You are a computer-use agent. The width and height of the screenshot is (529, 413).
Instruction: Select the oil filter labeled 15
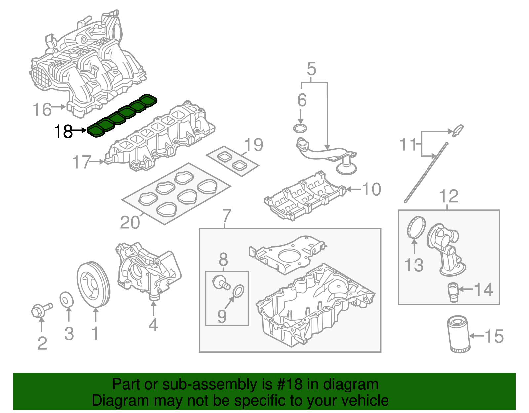click(458, 334)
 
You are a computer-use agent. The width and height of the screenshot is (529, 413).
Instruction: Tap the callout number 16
click(42, 109)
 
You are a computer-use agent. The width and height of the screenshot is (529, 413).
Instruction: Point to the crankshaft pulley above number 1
click(93, 285)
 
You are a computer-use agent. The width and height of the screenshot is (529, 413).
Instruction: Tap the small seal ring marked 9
click(239, 290)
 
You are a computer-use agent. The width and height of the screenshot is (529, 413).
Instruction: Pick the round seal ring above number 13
click(416, 227)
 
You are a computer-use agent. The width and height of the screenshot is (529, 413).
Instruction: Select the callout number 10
click(372, 189)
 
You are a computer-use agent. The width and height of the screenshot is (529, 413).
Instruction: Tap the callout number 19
click(254, 145)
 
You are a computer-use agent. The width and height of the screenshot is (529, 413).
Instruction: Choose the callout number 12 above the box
click(449, 197)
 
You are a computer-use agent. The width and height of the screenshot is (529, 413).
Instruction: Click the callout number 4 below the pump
click(153, 325)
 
